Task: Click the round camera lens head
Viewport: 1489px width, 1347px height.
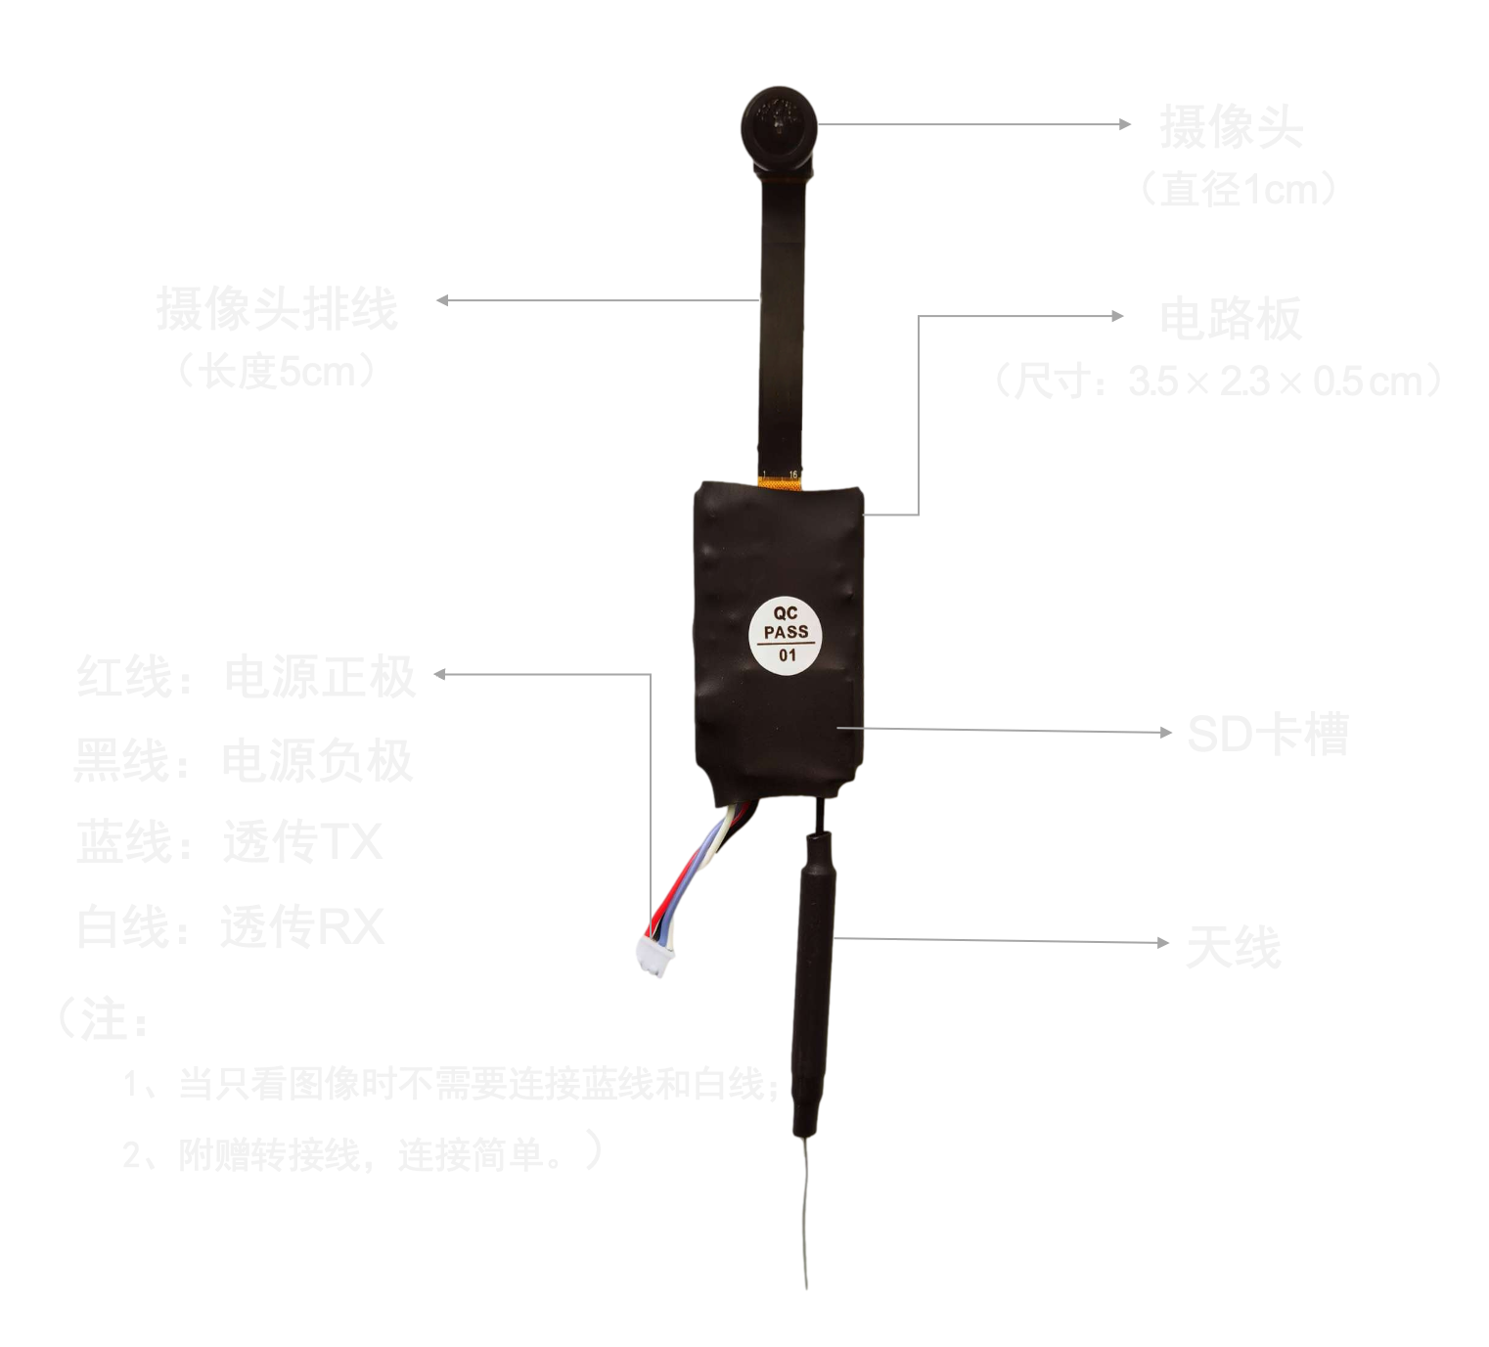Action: coord(778,127)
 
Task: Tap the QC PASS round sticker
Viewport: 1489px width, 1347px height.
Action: coord(786,634)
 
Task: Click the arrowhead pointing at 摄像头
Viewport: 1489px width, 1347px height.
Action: coord(1125,124)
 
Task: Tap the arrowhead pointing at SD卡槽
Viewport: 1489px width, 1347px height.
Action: coord(1165,732)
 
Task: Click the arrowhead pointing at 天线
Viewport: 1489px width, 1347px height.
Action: coord(1163,943)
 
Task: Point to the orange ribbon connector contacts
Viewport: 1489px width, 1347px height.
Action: coord(780,478)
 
